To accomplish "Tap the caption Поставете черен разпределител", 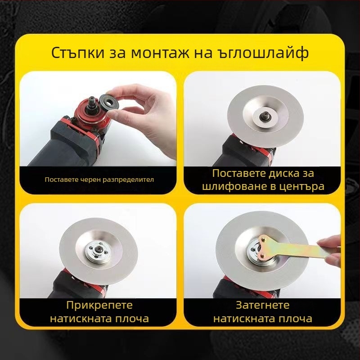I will [99, 180].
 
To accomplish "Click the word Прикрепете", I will [99, 306].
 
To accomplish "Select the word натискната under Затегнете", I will [246, 319].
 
